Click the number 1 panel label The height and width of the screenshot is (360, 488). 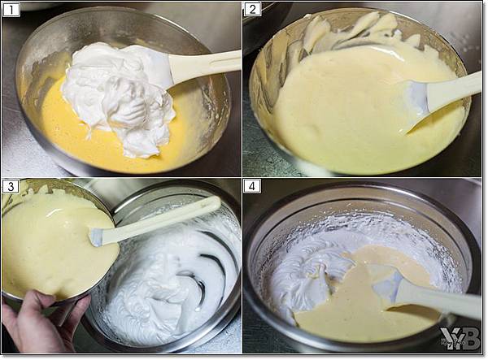(11, 10)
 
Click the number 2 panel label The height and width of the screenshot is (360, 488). (252, 9)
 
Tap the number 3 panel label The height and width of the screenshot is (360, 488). (11, 186)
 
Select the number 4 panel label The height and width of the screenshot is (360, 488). (252, 186)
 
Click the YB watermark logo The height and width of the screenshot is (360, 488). (460, 339)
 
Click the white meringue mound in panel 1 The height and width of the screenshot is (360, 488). (118, 97)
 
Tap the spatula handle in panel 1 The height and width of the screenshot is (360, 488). (204, 65)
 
